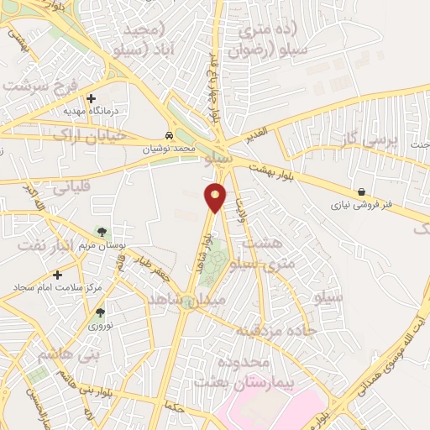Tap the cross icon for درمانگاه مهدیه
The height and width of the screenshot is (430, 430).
91,98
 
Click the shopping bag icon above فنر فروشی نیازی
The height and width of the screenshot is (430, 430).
361,192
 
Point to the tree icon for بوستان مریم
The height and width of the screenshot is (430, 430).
101,232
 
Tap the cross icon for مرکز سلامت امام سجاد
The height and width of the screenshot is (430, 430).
57,275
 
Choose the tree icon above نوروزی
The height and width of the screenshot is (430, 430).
100,312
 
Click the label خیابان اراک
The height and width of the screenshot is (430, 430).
89,134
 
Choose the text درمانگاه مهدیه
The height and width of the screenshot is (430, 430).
92,110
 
